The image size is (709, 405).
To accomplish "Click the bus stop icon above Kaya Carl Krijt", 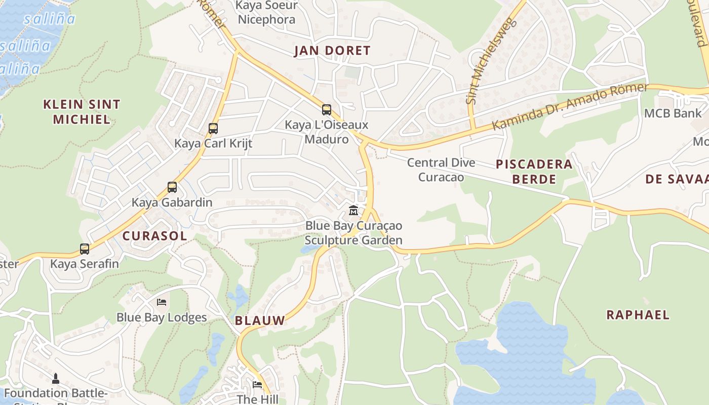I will [213, 129].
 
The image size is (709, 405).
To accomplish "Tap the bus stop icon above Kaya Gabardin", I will [172, 187].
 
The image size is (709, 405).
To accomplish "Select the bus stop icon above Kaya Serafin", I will [85, 249].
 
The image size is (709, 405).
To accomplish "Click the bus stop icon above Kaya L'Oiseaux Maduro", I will [327, 109].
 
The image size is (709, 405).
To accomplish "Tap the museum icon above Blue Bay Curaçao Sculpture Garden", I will [353, 210].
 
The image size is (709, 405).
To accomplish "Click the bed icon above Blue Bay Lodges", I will [162, 302].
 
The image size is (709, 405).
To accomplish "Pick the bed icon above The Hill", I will [257, 385].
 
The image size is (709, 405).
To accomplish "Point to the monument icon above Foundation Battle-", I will [56, 378].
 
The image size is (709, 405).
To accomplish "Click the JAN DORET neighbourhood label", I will [332, 51].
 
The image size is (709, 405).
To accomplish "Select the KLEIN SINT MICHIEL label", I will [82, 112].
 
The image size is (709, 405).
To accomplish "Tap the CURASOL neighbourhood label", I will [154, 236].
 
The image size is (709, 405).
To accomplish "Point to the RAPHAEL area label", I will [638, 315].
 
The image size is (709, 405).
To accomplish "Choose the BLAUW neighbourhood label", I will [260, 320].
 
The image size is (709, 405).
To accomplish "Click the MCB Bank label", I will [673, 113].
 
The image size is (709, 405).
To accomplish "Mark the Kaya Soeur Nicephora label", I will [267, 13].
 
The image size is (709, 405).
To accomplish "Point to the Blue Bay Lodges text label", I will [162, 317].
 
